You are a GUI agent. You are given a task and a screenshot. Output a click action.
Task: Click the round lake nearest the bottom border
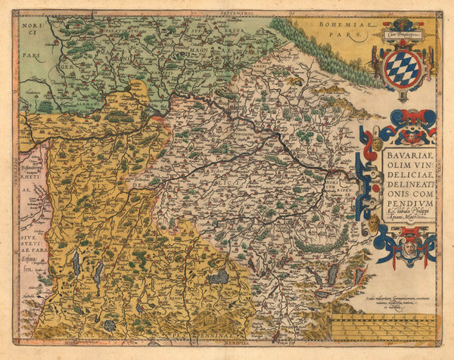click(x=110, y=324)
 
